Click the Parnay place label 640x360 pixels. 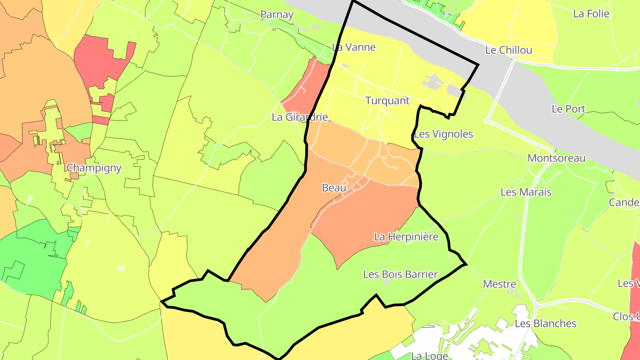click(277, 15)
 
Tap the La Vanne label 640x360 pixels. click(354, 47)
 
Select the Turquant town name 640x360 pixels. click(387, 100)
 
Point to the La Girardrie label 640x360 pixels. click(300, 117)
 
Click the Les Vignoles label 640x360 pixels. click(444, 134)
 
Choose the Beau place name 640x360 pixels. click(334, 188)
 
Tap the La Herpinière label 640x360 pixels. click(406, 236)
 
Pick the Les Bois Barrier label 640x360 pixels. click(400, 274)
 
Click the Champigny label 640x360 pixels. click(94, 168)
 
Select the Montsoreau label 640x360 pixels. click(556, 158)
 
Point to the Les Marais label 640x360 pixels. click(526, 192)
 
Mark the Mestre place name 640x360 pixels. click(500, 284)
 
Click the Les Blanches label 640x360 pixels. click(545, 324)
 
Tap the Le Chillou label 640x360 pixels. click(508, 50)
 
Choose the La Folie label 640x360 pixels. click(591, 14)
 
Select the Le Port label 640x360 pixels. click(568, 109)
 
